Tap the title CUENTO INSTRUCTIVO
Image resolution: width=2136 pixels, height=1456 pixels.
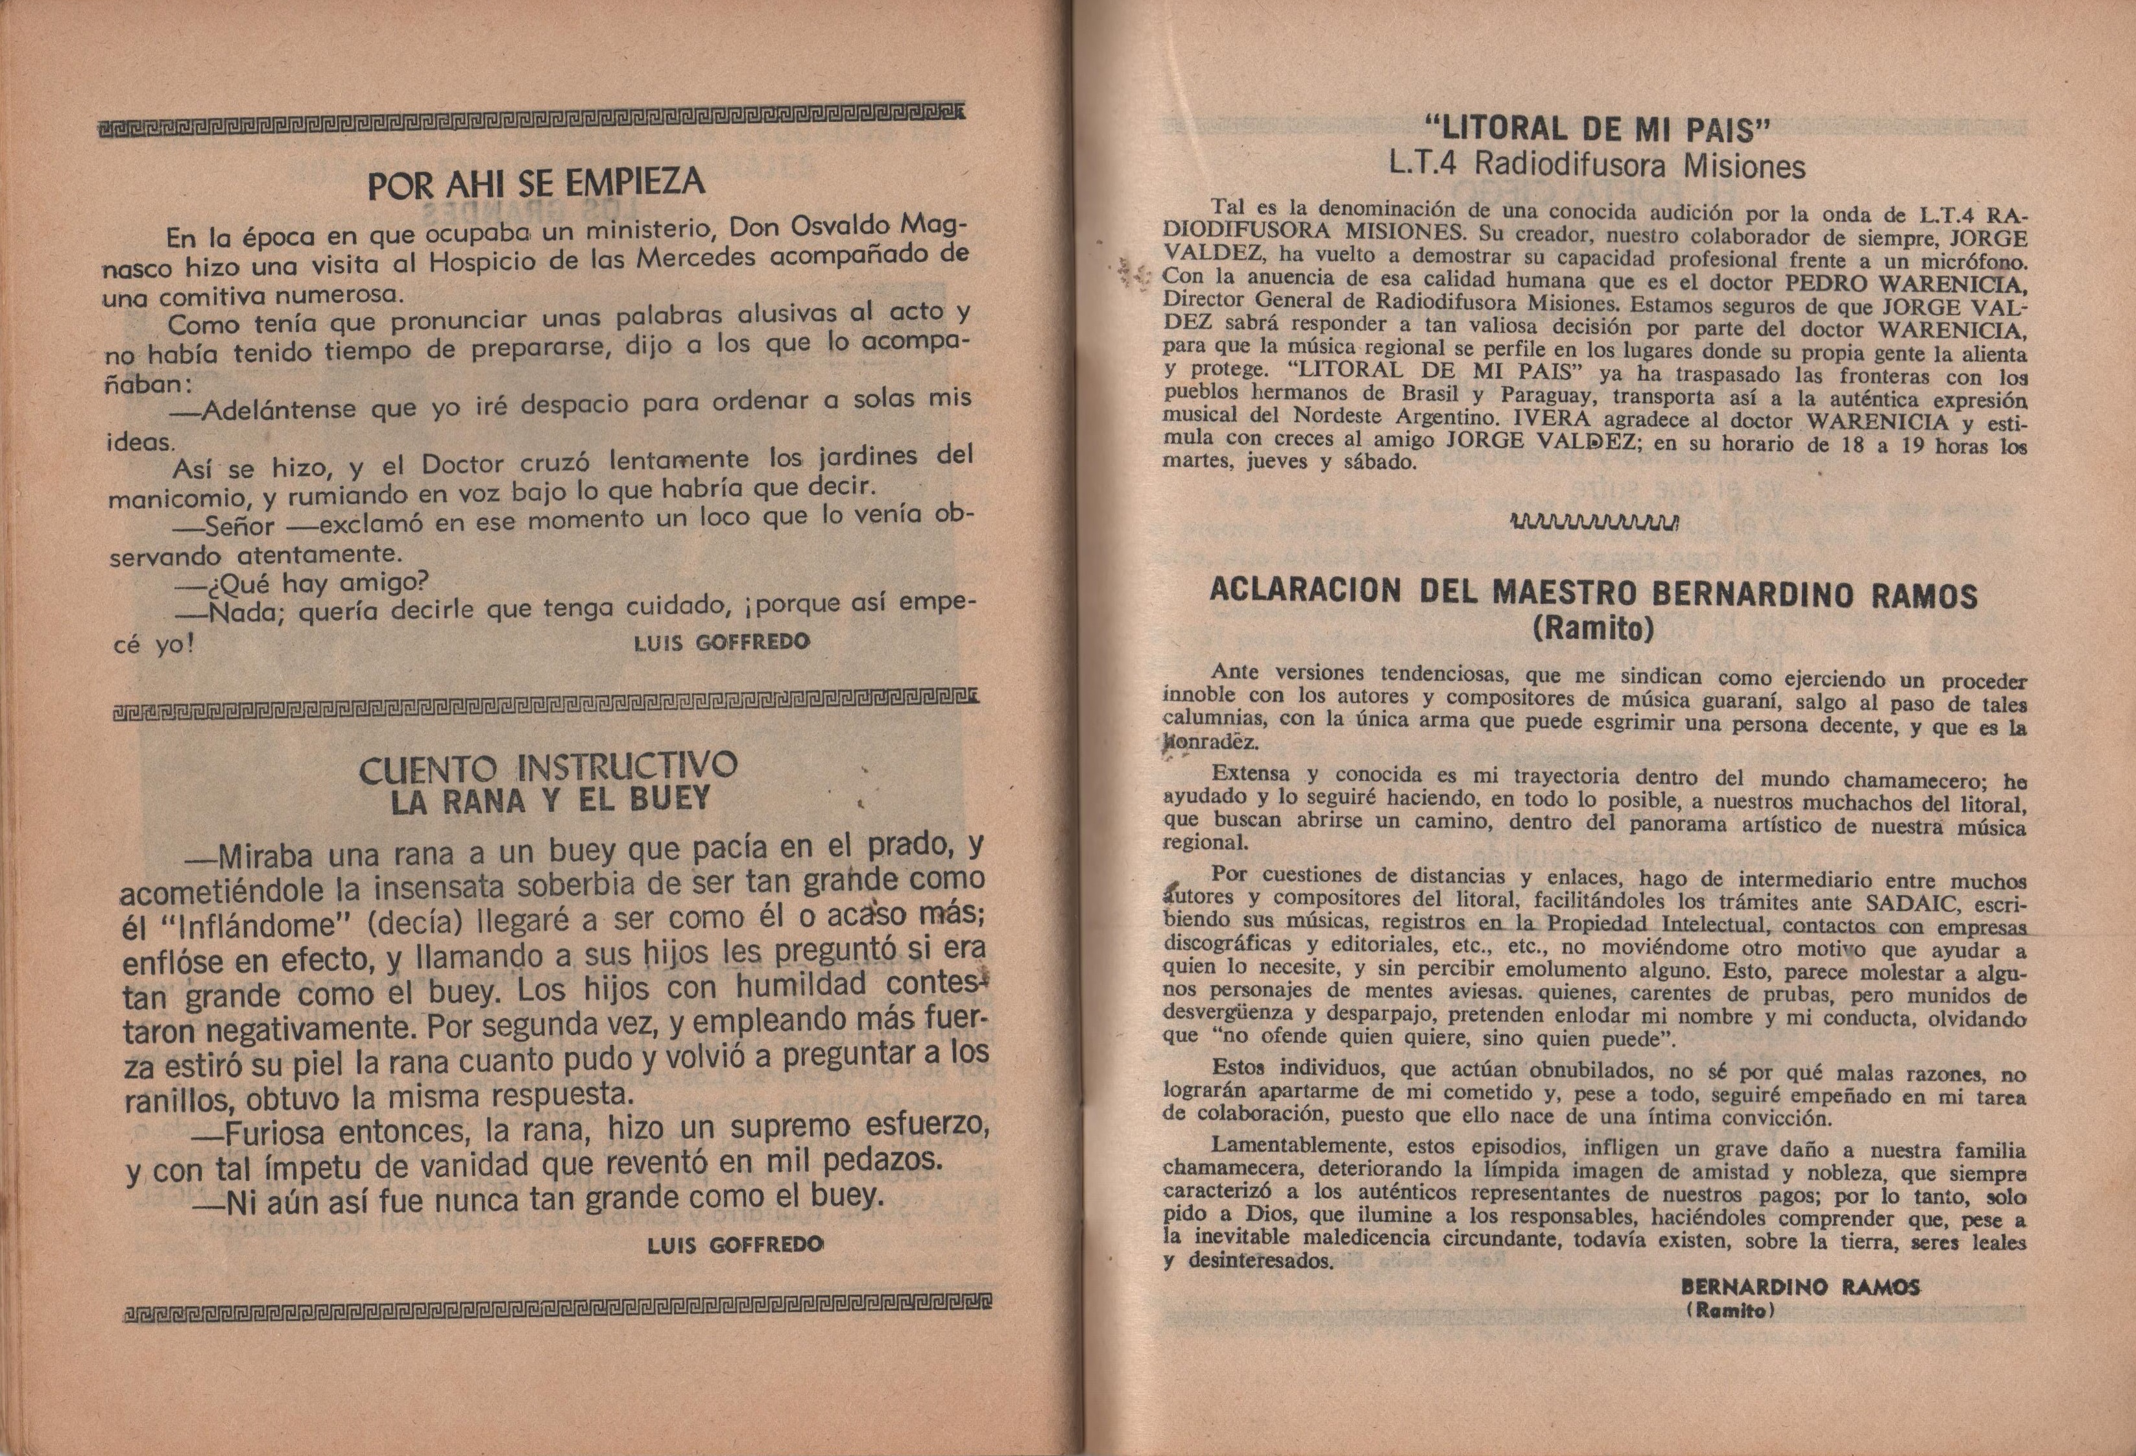(x=548, y=767)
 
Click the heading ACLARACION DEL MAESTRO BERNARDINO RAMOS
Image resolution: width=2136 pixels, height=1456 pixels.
(x=1593, y=593)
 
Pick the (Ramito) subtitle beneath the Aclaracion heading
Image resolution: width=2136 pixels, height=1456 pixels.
(x=1594, y=628)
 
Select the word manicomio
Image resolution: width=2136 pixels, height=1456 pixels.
(x=165, y=498)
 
